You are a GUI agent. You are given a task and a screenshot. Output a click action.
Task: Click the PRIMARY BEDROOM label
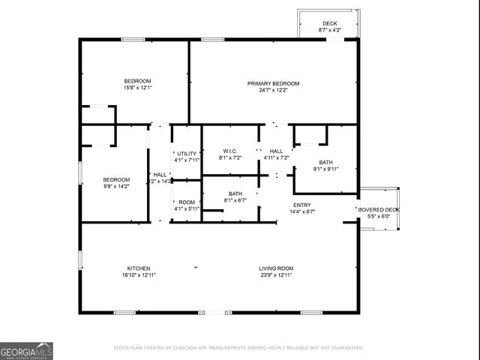(x=274, y=83)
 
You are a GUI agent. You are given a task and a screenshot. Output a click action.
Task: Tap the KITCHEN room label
(x=138, y=268)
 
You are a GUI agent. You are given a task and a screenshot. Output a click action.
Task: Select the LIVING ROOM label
(x=276, y=268)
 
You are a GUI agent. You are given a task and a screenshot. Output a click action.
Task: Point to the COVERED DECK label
(x=379, y=209)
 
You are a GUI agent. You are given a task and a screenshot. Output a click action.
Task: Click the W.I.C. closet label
(x=229, y=151)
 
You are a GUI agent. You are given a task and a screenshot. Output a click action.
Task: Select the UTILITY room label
(x=187, y=153)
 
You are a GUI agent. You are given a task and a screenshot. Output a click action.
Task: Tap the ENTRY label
(x=301, y=205)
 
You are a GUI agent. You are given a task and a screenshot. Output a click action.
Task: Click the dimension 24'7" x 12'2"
(x=274, y=90)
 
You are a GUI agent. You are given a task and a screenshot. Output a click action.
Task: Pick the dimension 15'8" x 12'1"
(x=138, y=88)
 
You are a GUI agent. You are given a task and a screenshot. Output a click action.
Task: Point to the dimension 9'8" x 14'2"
(x=116, y=186)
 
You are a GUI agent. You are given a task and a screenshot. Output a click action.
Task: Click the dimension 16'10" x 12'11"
(x=138, y=275)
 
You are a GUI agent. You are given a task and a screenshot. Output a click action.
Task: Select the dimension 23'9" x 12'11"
(x=276, y=275)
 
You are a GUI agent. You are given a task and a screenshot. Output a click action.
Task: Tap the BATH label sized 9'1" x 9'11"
(x=325, y=163)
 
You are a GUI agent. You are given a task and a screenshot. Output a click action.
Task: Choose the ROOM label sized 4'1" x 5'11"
(x=187, y=202)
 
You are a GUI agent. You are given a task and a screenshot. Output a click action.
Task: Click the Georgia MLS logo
(x=26, y=350)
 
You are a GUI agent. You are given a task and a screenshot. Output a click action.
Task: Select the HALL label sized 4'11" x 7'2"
(x=276, y=151)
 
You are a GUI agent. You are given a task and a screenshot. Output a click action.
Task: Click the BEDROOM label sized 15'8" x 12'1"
(x=138, y=81)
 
